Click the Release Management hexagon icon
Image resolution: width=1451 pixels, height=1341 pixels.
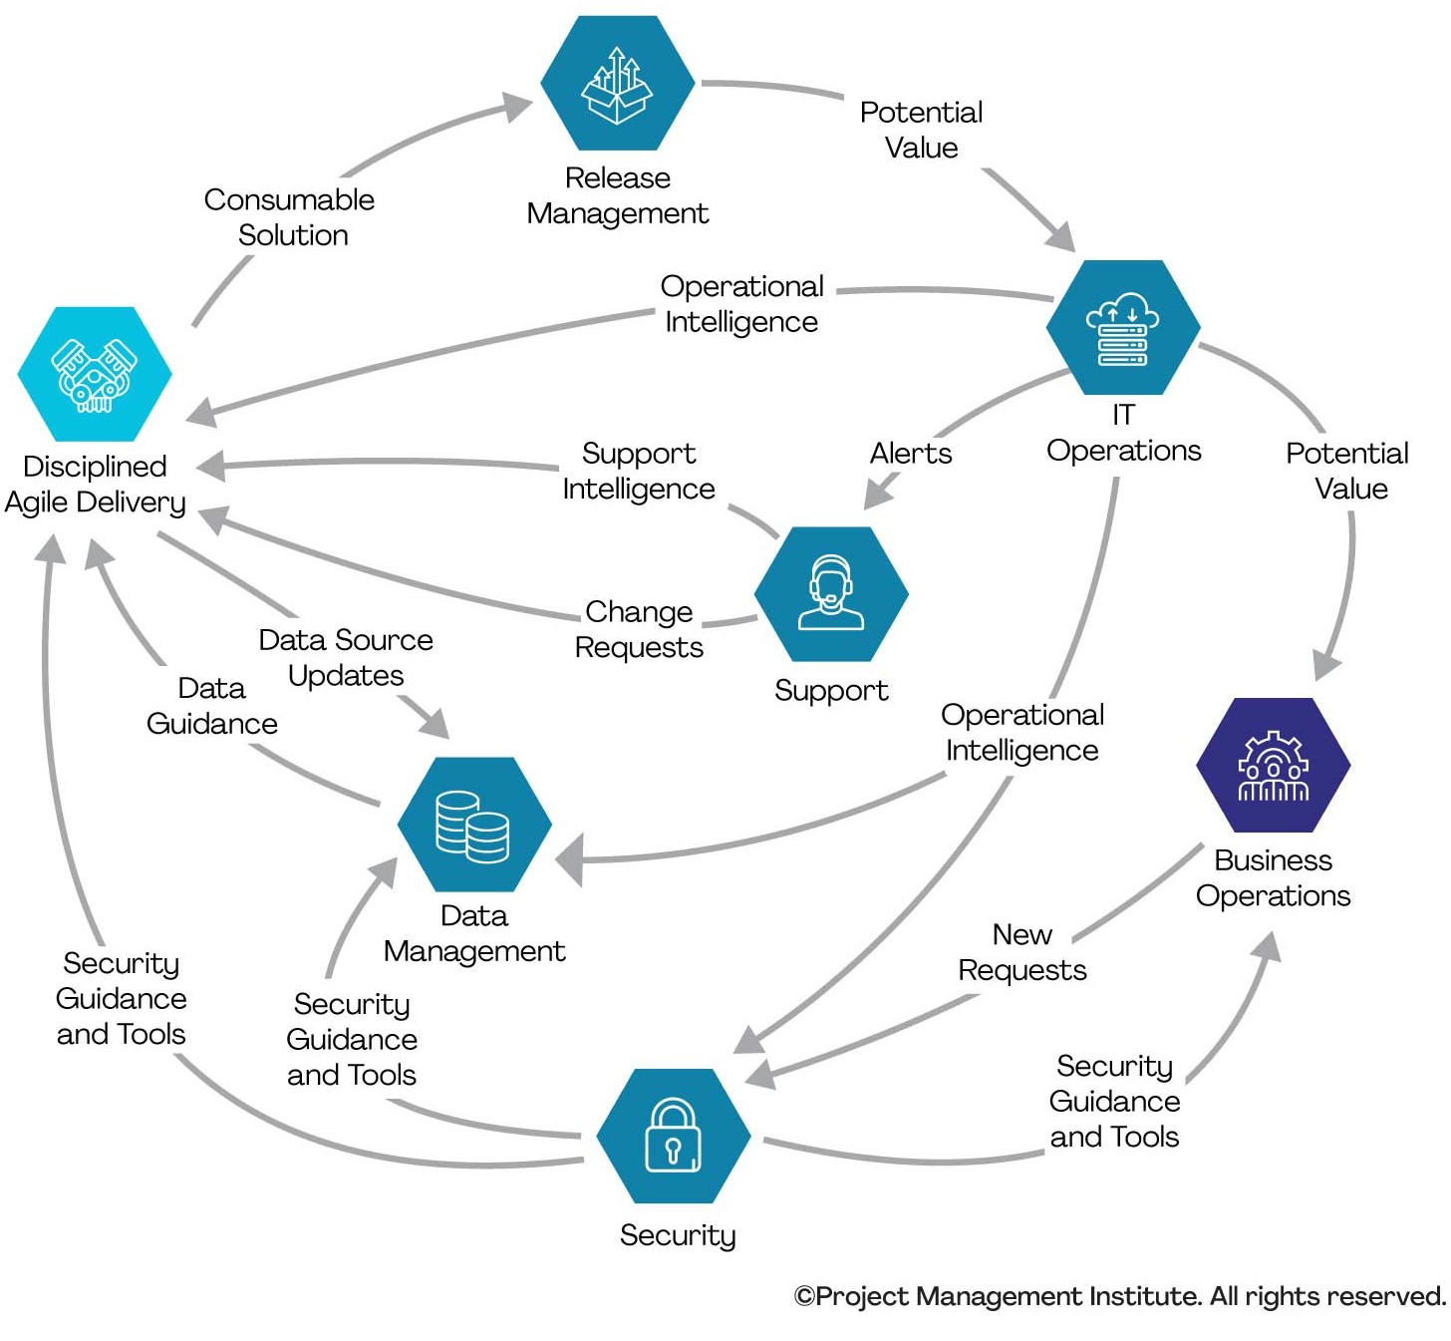point(617,84)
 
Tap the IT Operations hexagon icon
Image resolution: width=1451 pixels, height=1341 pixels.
point(1123,328)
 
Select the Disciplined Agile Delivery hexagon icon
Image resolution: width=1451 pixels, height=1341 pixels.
point(95,375)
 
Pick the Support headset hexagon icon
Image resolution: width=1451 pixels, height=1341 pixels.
point(831,594)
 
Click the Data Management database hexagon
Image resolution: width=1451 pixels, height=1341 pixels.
point(474,825)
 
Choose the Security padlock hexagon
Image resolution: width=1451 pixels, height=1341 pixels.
point(674,1137)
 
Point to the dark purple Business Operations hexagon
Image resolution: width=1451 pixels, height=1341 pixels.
point(1273,766)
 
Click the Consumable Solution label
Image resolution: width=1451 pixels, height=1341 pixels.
point(290,217)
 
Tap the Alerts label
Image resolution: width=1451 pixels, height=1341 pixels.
point(911,454)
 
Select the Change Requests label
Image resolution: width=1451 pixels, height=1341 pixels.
point(639,629)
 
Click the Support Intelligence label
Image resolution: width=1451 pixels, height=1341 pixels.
point(639,471)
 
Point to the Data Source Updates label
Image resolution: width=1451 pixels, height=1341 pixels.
point(346,658)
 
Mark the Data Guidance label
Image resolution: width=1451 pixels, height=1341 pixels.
point(211,706)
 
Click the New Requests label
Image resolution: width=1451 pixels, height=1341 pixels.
point(1022,952)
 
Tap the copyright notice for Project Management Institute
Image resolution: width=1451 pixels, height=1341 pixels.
point(1119,1296)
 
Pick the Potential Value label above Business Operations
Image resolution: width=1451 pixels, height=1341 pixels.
point(1347,471)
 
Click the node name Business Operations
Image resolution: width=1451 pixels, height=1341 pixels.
point(1273,877)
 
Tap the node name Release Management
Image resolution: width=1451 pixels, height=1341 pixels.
point(617,195)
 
